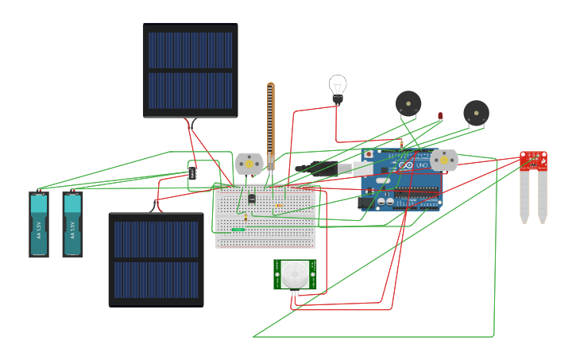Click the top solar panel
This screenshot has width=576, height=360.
coord(191,70)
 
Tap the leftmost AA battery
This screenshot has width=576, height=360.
coord(39,224)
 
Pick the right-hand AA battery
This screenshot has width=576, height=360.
coord(72,224)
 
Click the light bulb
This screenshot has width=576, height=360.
coord(338,87)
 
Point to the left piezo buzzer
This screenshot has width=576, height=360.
coord(408,103)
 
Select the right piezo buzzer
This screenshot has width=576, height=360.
coord(476,113)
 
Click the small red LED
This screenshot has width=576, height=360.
coord(440,116)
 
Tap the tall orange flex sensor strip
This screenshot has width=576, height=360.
coord(270,123)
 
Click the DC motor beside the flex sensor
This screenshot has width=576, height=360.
coord(249,163)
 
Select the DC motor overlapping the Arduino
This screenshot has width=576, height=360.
coord(444,160)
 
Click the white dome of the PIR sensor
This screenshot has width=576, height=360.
coord(296,274)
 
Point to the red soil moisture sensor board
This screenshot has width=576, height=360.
coord(534,160)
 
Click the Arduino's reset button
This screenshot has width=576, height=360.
coord(369,153)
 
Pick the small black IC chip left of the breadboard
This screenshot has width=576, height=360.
coord(192,172)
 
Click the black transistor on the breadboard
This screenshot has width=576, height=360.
coord(252,198)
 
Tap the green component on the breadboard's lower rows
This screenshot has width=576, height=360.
coord(238,230)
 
